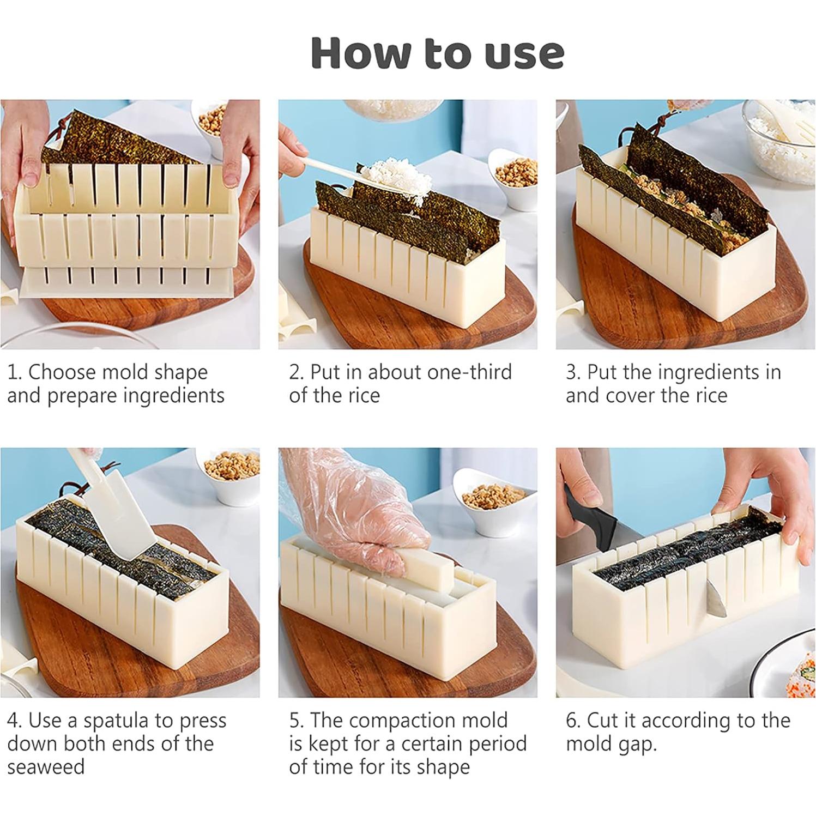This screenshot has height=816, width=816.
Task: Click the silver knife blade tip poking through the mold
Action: (x=713, y=599)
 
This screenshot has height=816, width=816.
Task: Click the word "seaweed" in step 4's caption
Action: (x=46, y=767)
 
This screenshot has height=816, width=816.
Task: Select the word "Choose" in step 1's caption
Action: (x=62, y=372)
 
